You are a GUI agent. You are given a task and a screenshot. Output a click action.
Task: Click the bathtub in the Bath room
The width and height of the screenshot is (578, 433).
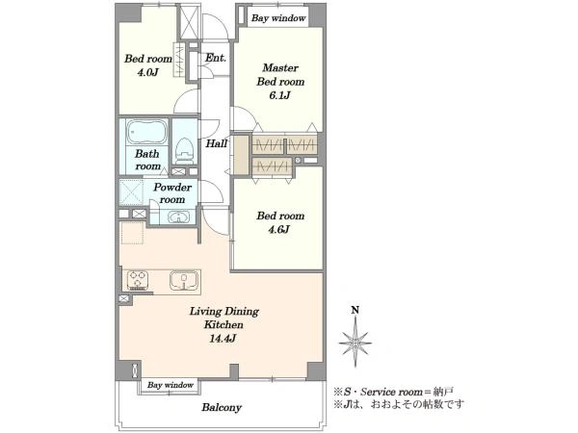(147, 132)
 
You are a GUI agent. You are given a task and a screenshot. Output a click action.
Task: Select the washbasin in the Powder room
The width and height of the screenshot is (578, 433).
(178, 216)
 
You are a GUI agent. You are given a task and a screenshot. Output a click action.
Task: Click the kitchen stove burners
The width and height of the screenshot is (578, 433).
(138, 280)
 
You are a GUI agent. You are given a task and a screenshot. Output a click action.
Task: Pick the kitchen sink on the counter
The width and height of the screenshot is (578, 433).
(184, 280)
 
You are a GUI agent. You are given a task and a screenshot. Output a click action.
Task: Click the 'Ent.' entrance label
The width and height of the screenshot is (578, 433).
(216, 58)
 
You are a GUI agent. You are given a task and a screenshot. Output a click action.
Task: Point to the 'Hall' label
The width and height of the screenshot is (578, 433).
(217, 143)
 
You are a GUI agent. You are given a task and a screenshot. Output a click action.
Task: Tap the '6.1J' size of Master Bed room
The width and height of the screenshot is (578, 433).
(279, 95)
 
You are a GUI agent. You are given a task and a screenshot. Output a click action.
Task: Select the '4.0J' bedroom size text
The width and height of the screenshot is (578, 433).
(147, 72)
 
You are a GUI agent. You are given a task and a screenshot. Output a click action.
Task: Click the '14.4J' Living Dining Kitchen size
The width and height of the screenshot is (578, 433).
(223, 339)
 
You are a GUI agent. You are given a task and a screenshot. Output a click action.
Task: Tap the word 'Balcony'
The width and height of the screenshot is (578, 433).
(222, 408)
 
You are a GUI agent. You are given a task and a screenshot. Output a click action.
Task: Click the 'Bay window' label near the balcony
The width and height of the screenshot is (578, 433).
(171, 385)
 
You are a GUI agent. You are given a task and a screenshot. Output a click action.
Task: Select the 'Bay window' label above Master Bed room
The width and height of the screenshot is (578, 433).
(278, 18)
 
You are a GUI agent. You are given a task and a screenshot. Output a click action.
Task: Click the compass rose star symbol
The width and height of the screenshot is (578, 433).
(355, 342)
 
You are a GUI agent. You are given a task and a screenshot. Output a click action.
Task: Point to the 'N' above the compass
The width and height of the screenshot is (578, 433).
(355, 310)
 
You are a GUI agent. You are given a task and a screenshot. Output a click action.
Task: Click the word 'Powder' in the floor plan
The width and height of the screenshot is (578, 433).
(172, 188)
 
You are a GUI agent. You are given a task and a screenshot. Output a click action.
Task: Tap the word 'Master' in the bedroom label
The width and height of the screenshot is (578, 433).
(280, 67)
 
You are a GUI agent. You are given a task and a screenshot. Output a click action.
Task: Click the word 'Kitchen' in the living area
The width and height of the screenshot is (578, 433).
(223, 325)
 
